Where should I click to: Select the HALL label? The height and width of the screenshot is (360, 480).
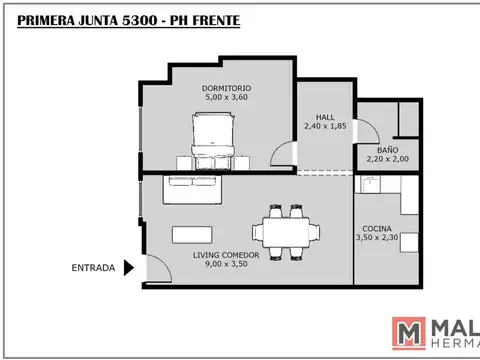(x=325, y=116)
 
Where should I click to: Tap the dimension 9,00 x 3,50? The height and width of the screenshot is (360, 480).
(x=226, y=266)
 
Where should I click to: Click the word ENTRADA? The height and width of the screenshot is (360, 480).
(x=92, y=268)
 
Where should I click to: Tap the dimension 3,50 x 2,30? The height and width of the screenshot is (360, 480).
(x=376, y=240)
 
